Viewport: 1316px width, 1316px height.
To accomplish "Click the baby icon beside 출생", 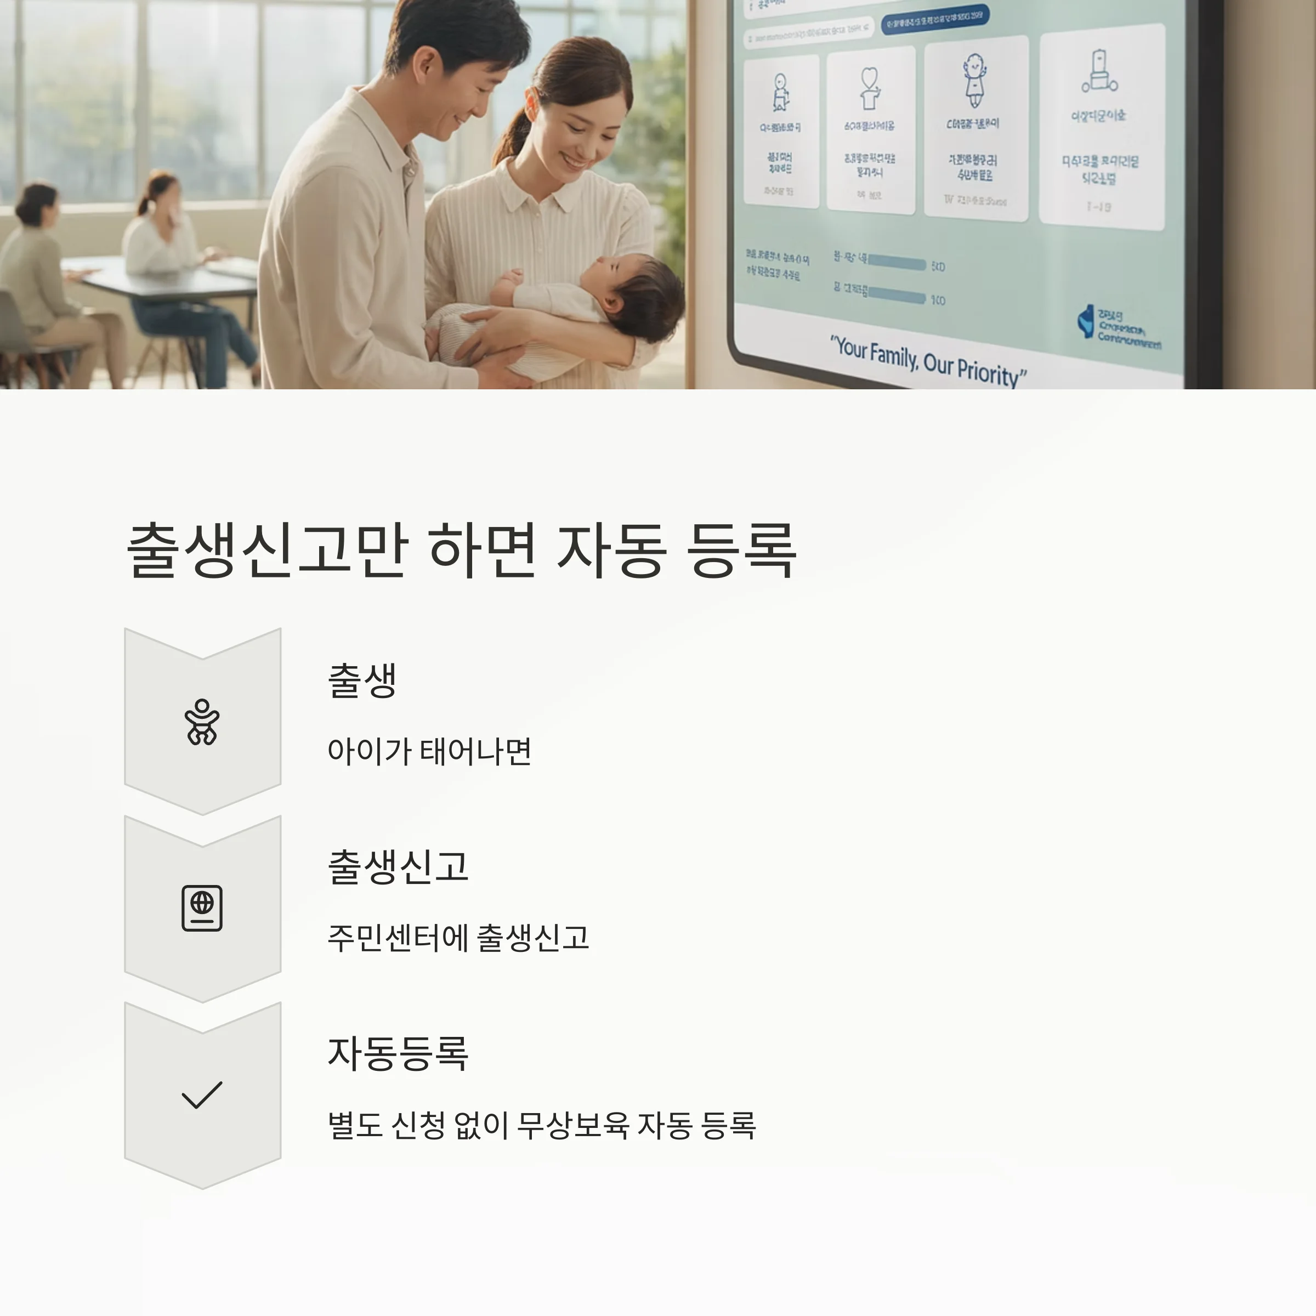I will [202, 722].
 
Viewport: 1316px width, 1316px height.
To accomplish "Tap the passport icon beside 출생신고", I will [202, 908].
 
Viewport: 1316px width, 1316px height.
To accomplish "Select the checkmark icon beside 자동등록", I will [202, 1094].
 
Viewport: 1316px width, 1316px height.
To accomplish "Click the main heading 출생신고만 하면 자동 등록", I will [461, 551].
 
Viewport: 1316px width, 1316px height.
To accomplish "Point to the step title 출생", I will [362, 680].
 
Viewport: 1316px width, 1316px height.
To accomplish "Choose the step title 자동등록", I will [398, 1053].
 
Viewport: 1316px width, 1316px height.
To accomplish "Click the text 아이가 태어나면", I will [429, 751].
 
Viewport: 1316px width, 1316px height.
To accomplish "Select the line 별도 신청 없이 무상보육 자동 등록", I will [542, 1125].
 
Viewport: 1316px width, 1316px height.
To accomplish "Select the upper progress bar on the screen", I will [897, 264].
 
